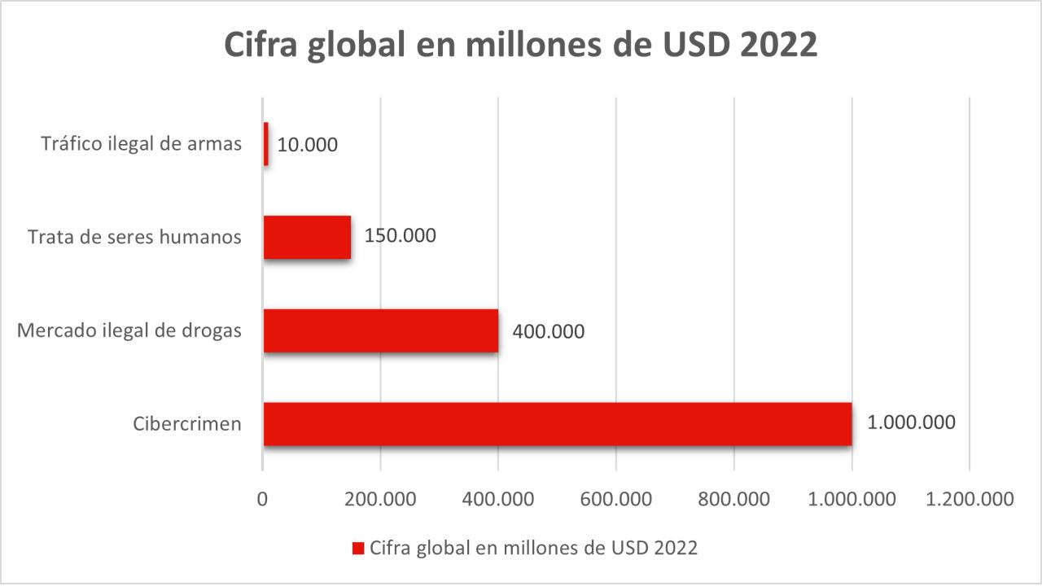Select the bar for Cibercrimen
point(558,424)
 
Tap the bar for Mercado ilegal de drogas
point(381,330)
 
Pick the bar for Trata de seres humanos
point(307,237)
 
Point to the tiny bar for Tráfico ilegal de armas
point(266,144)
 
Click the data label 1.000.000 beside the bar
point(911,423)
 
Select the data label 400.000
point(548,331)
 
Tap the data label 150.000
point(400,236)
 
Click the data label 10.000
point(307,145)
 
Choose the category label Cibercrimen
point(187,424)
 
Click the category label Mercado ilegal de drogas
point(129,331)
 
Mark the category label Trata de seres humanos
point(134,237)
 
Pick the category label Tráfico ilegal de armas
point(142,145)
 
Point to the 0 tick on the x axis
point(263,498)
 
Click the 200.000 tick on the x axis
point(381,498)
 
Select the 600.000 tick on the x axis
point(616,498)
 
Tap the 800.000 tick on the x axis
point(734,498)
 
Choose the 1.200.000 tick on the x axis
point(970,498)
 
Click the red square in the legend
point(357,549)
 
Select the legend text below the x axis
point(533,548)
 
